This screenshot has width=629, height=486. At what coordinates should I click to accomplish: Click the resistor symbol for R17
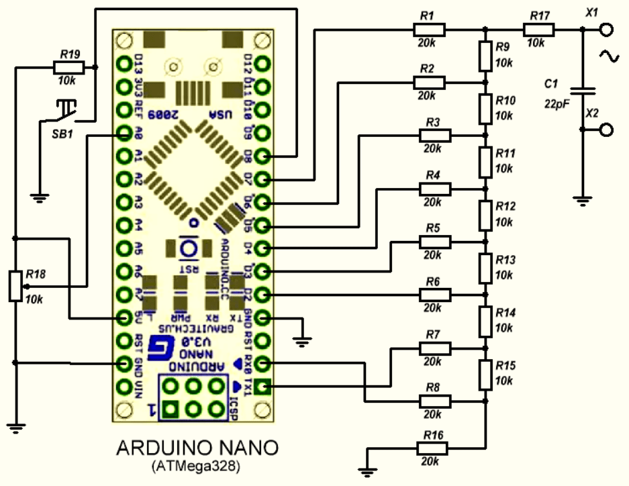click(539, 30)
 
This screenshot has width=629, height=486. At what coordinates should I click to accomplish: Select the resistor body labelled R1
click(429, 30)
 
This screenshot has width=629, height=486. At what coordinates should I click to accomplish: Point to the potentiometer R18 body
click(15, 285)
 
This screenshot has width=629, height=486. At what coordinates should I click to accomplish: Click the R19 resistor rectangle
click(68, 66)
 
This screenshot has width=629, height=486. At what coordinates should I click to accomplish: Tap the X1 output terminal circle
click(607, 30)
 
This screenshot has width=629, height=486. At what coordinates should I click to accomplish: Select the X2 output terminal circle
click(607, 130)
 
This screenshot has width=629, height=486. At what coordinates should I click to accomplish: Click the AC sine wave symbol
click(612, 58)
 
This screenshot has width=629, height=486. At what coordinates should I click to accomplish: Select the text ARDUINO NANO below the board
click(195, 447)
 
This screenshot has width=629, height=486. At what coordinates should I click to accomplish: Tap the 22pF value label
click(557, 104)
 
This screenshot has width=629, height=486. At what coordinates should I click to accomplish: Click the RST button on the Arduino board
click(188, 250)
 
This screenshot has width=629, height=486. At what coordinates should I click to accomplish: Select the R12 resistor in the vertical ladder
click(486, 215)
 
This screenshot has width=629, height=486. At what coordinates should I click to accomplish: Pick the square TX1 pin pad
click(263, 387)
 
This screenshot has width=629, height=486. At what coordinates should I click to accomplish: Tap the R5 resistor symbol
click(435, 242)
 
